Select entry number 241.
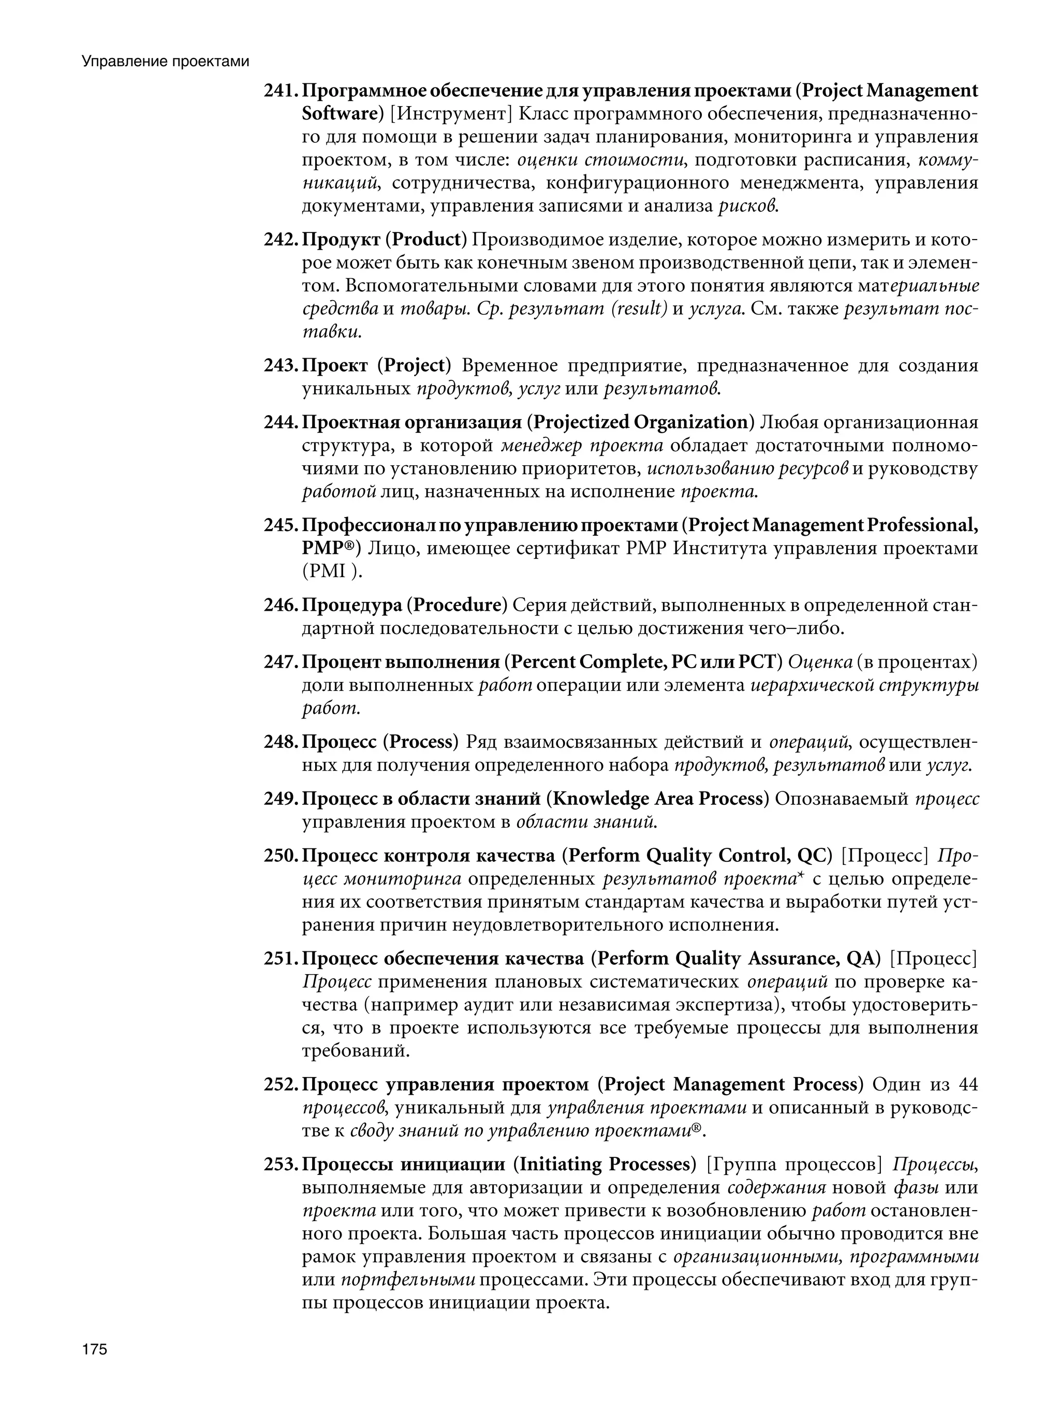click(x=281, y=91)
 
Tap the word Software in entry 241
click(x=338, y=114)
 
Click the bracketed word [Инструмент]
click(x=451, y=114)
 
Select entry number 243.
click(x=281, y=365)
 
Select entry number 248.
click(x=281, y=742)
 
